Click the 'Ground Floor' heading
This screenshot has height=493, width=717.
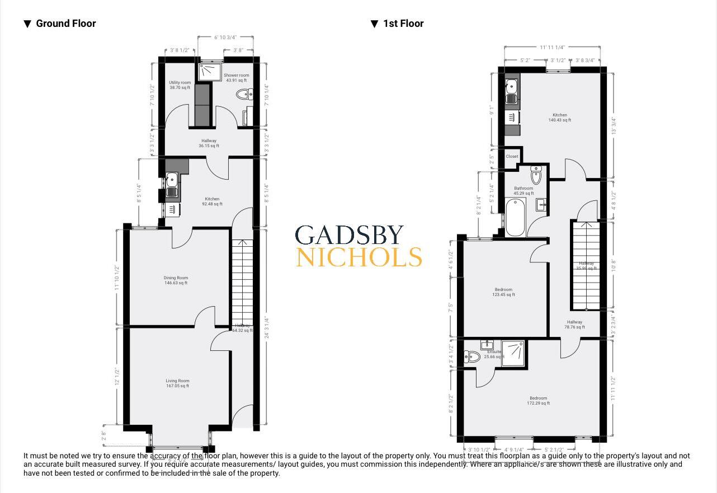tap(65, 24)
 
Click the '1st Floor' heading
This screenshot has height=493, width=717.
tap(403, 24)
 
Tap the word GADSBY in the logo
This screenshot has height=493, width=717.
tap(350, 236)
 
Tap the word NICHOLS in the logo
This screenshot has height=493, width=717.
tap(358, 257)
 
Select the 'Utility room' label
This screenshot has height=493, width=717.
tap(180, 83)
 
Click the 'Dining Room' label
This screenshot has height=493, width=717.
tap(176, 278)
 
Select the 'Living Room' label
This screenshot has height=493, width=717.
tap(177, 381)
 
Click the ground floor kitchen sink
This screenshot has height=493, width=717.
tap(172, 180)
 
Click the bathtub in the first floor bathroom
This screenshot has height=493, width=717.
tap(515, 217)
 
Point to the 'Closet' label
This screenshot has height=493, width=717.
tap(512, 157)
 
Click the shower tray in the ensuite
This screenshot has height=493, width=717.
tap(513, 353)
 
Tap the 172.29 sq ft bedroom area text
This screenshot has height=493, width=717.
tap(539, 403)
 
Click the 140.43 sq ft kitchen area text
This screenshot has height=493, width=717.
tap(559, 120)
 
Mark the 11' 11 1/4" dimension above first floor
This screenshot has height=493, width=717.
tap(552, 48)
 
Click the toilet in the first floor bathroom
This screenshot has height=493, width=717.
tap(536, 176)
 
